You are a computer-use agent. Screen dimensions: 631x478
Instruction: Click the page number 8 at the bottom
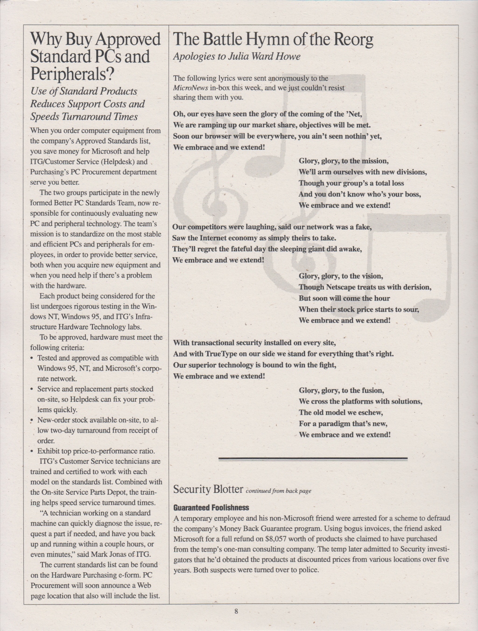(x=237, y=612)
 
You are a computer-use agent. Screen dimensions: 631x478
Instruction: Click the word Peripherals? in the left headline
(x=72, y=74)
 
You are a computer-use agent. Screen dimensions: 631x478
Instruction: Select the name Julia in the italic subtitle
(x=242, y=56)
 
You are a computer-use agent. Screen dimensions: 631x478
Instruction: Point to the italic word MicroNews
(x=189, y=88)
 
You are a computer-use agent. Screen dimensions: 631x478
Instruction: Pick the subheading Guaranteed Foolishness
(x=211, y=507)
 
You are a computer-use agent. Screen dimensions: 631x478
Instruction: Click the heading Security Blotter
(x=208, y=490)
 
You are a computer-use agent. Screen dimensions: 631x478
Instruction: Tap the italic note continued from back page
(x=278, y=491)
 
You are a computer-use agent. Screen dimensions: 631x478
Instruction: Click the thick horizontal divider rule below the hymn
(x=313, y=459)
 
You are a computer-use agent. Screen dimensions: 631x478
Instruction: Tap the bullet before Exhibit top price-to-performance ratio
(x=32, y=451)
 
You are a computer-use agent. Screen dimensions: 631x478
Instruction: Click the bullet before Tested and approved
(x=32, y=358)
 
